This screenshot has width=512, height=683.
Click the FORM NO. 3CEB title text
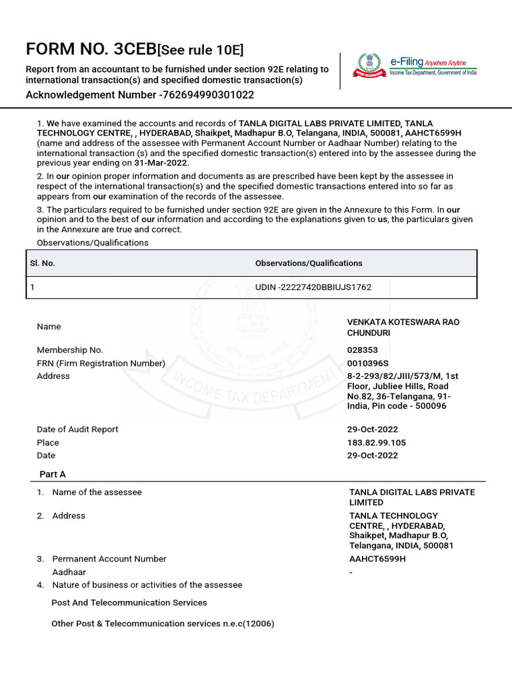click(x=90, y=50)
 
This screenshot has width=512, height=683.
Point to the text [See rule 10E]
click(x=200, y=51)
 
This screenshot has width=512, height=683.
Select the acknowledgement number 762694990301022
click(x=209, y=95)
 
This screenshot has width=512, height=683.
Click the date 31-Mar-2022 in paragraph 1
click(x=161, y=163)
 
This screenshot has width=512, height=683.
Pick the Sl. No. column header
click(x=42, y=263)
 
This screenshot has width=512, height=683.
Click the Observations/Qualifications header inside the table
click(x=309, y=263)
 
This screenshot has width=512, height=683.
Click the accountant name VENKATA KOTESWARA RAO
click(x=403, y=322)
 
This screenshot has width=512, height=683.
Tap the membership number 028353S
click(x=367, y=350)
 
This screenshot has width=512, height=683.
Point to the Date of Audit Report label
click(x=77, y=430)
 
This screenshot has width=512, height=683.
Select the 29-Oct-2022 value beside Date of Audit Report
click(x=372, y=430)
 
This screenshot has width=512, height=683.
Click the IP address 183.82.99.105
click(x=376, y=443)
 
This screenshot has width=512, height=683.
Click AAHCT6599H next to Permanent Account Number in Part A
click(x=377, y=559)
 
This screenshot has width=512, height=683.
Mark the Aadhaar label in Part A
click(x=69, y=572)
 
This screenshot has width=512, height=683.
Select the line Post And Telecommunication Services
click(x=129, y=603)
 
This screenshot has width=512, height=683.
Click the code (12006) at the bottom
click(x=257, y=624)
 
